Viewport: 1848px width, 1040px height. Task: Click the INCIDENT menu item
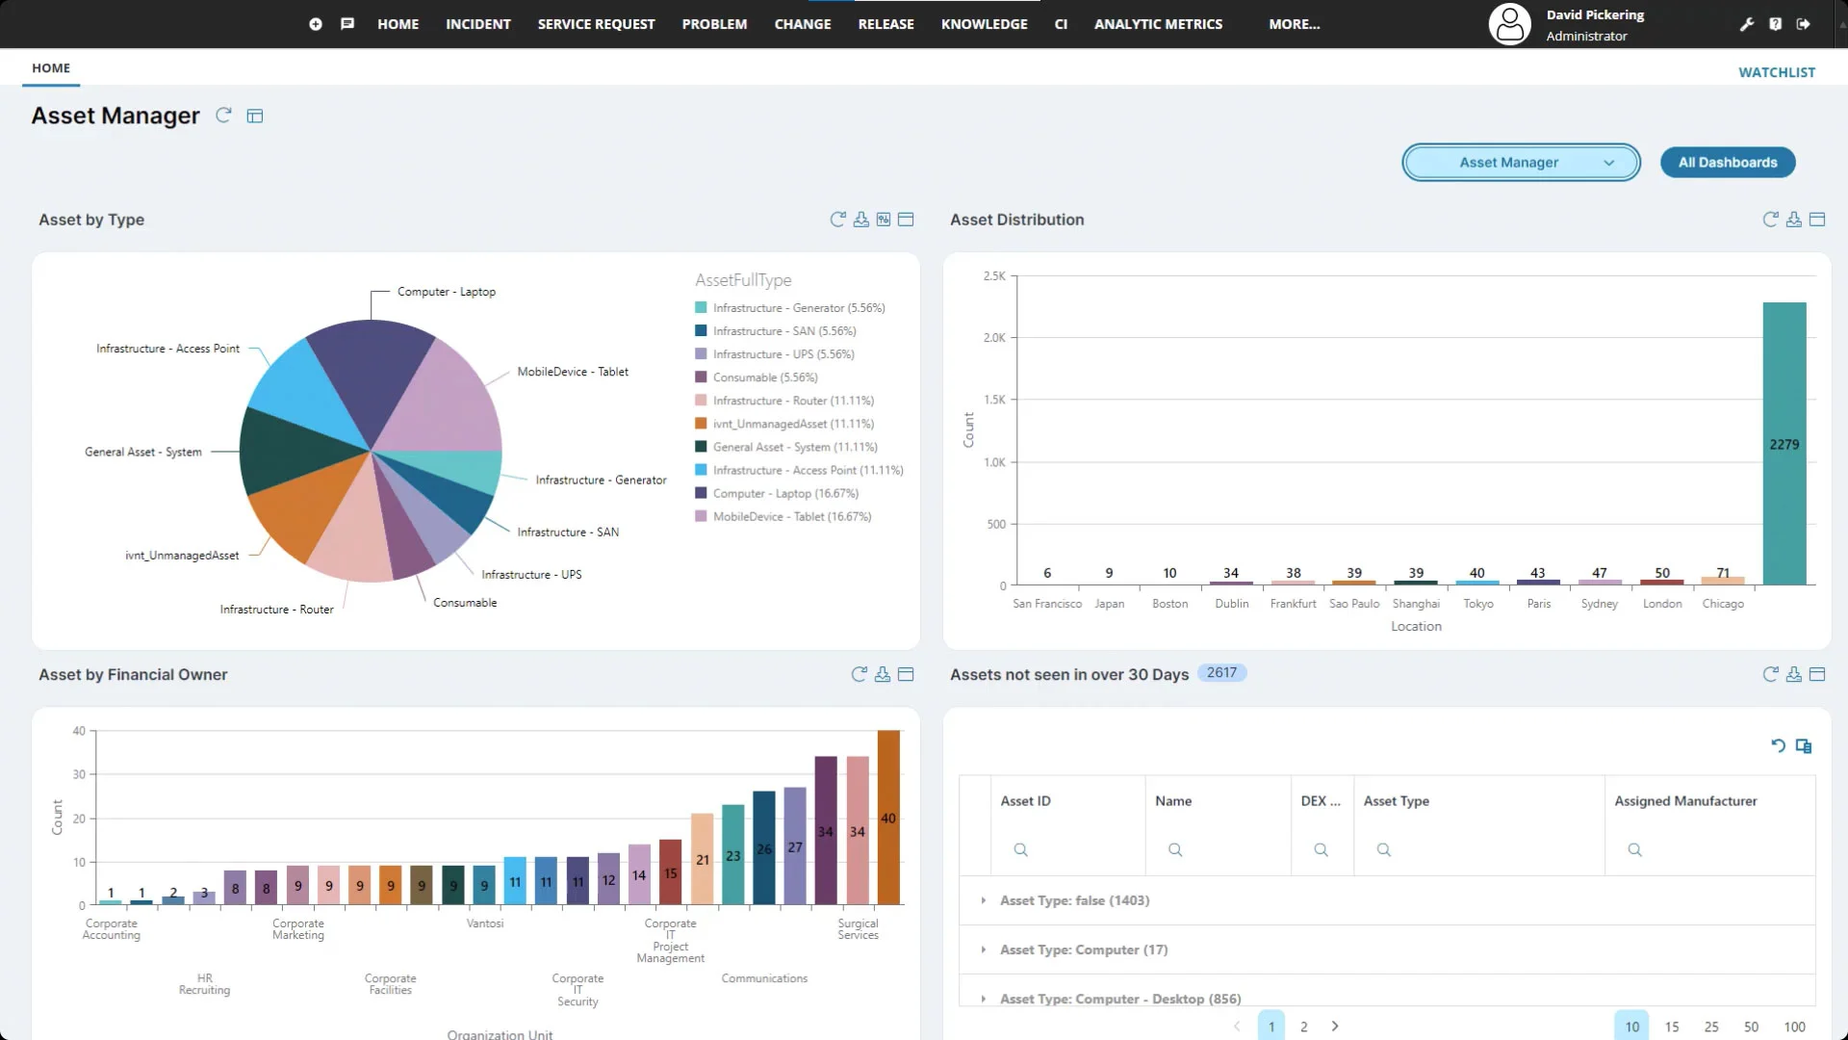click(477, 24)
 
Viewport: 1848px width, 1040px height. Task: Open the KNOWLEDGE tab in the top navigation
click(984, 24)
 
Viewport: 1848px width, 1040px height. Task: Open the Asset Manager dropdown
click(1520, 163)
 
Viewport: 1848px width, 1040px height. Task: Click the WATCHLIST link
click(1776, 72)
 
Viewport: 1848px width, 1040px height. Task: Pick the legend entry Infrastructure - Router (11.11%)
click(792, 401)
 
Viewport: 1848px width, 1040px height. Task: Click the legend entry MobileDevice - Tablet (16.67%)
click(791, 517)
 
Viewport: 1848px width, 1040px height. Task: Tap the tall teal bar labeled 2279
click(1784, 444)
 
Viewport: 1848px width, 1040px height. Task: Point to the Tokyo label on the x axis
click(1477, 604)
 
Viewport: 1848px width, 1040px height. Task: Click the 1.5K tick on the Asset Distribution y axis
click(994, 400)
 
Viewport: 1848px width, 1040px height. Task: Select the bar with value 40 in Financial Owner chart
click(888, 818)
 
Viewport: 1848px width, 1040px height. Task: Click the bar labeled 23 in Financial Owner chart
click(732, 854)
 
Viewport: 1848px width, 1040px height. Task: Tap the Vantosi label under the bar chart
click(485, 923)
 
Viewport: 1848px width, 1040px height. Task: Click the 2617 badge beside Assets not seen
click(1220, 673)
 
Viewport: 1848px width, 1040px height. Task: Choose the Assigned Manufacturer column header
click(1684, 801)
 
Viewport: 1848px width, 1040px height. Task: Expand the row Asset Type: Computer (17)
click(984, 950)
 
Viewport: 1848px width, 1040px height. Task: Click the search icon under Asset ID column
click(1020, 850)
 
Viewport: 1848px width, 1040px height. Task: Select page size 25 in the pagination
click(1710, 1027)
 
